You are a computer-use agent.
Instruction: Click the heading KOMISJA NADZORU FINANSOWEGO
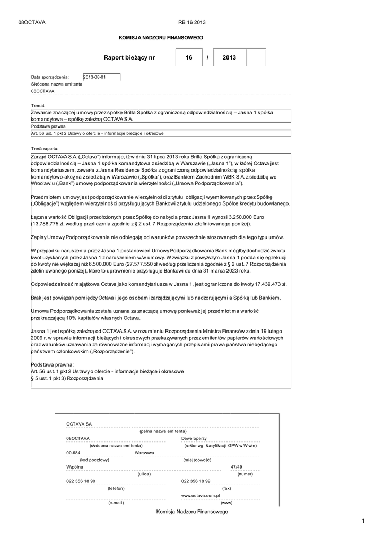tap(160, 38)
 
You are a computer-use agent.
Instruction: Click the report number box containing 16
tap(189, 57)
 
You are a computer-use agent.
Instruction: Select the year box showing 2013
tap(229, 57)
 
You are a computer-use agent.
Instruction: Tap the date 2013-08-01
tap(95, 77)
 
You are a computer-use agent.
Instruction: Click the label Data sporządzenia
tap(50, 77)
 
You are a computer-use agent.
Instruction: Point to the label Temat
tap(38, 105)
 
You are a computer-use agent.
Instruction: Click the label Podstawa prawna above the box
tap(48, 127)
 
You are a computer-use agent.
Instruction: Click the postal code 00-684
tap(73, 453)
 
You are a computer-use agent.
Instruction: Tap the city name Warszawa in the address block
tap(144, 453)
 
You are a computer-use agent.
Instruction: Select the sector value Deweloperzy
tap(194, 438)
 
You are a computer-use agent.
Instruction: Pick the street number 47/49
tap(237, 467)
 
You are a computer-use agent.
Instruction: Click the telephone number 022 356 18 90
tap(81, 481)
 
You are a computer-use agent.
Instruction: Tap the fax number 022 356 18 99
tap(196, 481)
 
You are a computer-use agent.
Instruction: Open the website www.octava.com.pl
tap(200, 495)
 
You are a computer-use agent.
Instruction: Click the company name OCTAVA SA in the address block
tap(79, 424)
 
